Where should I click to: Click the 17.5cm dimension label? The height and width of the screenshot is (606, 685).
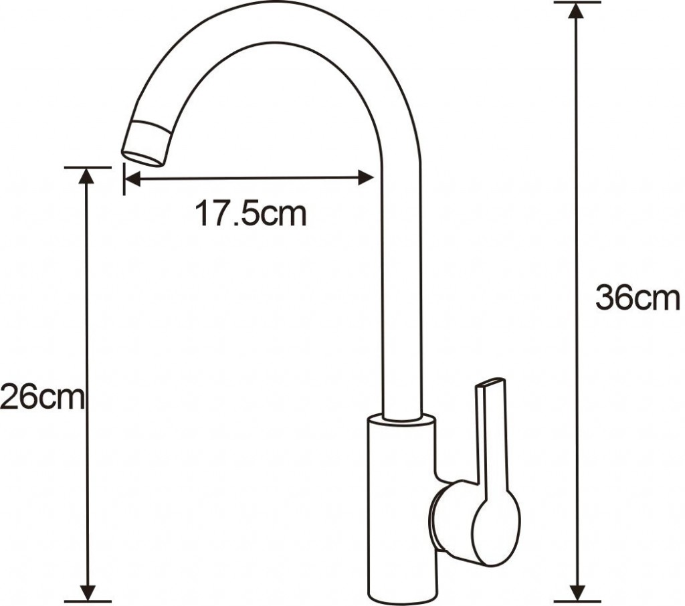[250, 213]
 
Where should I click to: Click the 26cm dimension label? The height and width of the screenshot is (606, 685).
[41, 397]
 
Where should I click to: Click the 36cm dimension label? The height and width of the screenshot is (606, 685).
[638, 297]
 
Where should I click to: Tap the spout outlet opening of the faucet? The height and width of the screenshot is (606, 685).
[143, 159]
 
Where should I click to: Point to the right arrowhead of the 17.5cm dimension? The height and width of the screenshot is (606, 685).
[366, 178]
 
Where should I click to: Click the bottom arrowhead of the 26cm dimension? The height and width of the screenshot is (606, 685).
[88, 593]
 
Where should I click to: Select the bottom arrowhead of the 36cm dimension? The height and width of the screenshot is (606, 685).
[578, 593]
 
